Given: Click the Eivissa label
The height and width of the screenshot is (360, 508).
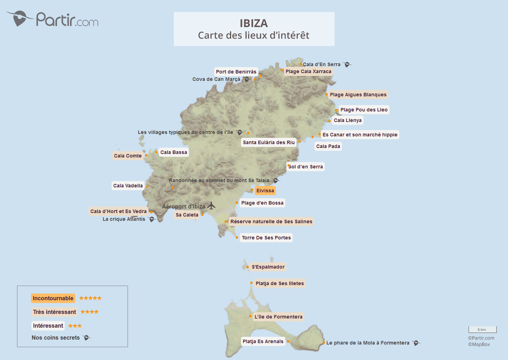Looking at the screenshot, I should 265,191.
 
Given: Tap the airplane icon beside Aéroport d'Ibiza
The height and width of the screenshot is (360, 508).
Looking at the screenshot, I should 211,206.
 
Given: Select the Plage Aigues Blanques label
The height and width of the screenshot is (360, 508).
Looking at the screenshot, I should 358,95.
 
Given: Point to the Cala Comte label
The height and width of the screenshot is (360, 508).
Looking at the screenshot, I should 128,156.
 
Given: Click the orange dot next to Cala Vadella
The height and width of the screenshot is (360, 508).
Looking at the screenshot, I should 147,187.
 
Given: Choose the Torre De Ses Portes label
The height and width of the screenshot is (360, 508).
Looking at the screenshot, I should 266,238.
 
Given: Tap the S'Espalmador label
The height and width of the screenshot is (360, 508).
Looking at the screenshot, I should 268,267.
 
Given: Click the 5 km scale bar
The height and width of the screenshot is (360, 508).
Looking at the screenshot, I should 482,329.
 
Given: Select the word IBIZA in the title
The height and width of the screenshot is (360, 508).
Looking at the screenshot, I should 254,23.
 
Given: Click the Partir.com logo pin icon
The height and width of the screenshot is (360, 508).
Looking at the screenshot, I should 19,18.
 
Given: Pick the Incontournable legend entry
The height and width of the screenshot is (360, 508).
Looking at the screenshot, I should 53,298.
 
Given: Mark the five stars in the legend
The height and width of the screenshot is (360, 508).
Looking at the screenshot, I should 90,298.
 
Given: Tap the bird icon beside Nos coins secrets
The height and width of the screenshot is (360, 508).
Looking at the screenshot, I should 87,337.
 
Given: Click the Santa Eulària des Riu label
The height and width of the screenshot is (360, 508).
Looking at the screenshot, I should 269,142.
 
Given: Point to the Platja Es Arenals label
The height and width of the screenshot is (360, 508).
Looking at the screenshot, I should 263,341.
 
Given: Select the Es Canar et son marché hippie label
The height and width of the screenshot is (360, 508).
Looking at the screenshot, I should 360,135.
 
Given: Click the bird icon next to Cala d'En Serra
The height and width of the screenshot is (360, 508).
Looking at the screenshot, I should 347,64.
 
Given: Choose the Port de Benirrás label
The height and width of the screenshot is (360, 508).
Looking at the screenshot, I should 236,72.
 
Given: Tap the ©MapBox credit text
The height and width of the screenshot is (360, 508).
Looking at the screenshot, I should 479,344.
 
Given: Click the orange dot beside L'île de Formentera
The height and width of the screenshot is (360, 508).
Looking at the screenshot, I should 250,316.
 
